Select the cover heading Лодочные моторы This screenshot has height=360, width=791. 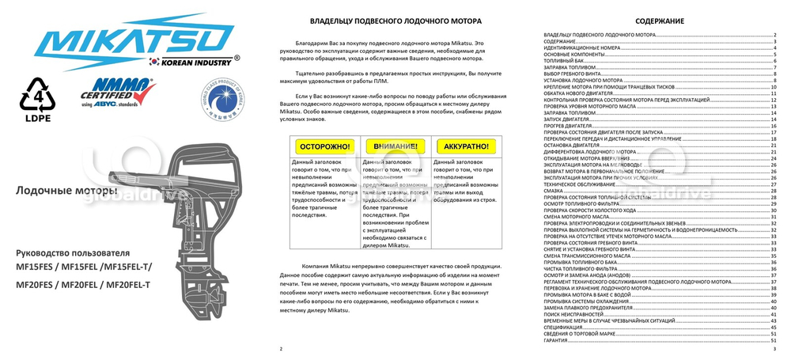coord(66,191)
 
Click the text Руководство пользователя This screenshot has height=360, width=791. coord(72,252)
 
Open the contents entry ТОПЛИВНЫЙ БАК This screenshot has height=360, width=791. coord(564,61)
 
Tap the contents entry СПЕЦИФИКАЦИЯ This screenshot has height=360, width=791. coord(564,326)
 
